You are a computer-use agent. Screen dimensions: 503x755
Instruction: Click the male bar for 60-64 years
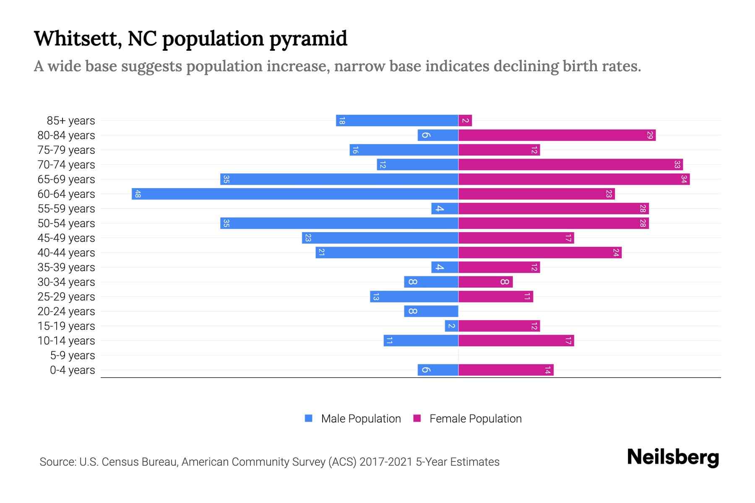tap(295, 194)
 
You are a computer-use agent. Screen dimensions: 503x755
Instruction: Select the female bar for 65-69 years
tap(574, 179)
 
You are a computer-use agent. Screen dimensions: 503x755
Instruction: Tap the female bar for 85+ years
tap(465, 121)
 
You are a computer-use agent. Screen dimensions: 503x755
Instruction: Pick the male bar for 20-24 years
tap(431, 311)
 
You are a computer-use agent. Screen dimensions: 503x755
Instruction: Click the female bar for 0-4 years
tap(506, 370)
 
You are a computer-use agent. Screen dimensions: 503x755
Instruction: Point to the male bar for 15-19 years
tap(452, 326)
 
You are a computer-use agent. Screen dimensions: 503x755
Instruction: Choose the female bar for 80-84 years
tap(557, 135)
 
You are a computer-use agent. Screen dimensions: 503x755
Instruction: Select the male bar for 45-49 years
tap(380, 238)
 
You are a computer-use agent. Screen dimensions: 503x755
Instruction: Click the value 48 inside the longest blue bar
tap(138, 194)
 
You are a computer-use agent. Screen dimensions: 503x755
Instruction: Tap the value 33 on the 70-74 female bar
tap(677, 165)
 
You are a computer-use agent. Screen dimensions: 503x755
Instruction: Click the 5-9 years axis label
tap(73, 355)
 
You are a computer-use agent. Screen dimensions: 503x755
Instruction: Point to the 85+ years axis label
tap(71, 121)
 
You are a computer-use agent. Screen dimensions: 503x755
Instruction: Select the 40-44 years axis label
tap(66, 253)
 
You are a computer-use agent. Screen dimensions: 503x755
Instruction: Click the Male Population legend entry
tap(361, 419)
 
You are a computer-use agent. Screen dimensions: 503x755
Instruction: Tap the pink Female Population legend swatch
tap(417, 418)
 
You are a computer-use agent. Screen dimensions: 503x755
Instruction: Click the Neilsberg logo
tap(673, 457)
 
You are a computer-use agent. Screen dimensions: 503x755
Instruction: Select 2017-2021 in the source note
tap(386, 462)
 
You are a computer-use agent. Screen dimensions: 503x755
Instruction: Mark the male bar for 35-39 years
tap(445, 267)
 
